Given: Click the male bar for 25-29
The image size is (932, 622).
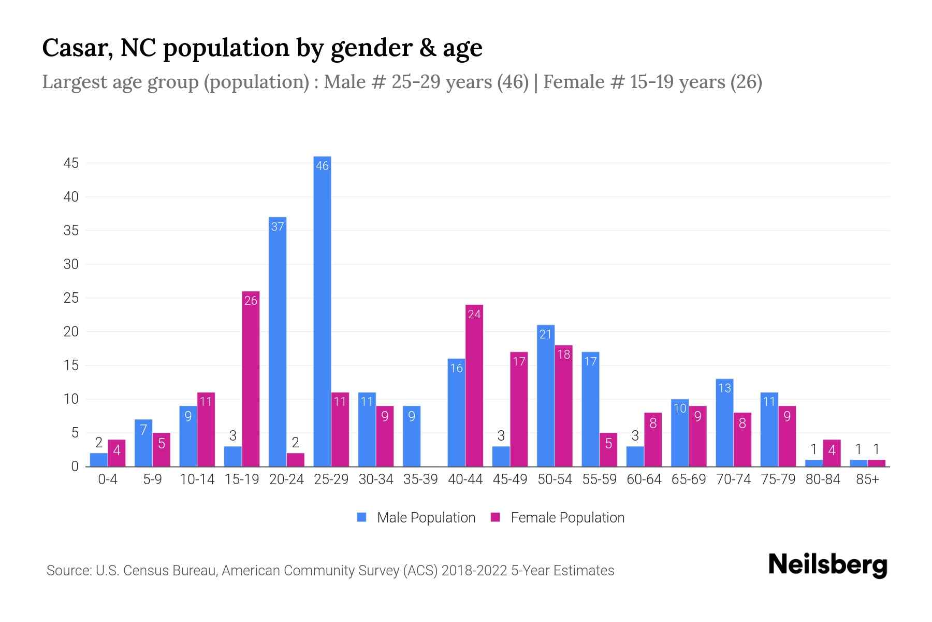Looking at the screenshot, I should [x=322, y=311].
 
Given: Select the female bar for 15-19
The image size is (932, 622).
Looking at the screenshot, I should [x=251, y=379].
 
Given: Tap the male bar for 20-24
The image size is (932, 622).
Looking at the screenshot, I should [x=278, y=342].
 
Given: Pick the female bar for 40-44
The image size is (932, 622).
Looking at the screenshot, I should [x=474, y=386].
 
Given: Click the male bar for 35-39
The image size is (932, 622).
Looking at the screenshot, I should [x=412, y=436].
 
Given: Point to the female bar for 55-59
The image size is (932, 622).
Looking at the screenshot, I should [x=608, y=449].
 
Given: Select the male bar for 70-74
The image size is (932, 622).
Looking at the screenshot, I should [x=724, y=422].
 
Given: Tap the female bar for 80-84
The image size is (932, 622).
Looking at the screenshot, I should [x=832, y=453].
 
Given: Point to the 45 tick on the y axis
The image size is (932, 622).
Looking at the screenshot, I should [x=71, y=163].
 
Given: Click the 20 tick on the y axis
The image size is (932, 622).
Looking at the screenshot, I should [x=71, y=332].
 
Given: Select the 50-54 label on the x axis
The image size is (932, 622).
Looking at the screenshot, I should [x=555, y=479].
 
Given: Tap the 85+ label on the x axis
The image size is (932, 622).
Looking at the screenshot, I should [x=867, y=479].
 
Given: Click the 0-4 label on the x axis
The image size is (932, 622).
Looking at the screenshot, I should [x=108, y=479].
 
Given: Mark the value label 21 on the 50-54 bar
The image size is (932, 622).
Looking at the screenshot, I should [x=546, y=334].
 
